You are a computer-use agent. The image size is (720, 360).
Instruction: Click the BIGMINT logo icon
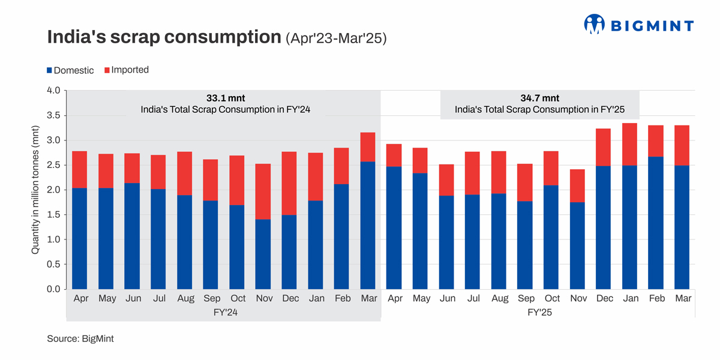[594, 24]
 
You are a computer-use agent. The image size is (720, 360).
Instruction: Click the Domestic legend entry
[70, 70]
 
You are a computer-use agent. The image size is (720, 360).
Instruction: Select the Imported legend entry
[126, 70]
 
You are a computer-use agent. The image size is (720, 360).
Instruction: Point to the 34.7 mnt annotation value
[539, 98]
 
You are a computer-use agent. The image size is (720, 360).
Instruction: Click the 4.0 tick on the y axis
[53, 91]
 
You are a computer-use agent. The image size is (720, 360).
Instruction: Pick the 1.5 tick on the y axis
[53, 215]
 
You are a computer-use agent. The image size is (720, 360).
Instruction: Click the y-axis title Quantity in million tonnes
[35, 190]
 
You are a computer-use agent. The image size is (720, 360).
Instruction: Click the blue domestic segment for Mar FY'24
[368, 225]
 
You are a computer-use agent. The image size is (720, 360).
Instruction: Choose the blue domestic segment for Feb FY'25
[656, 223]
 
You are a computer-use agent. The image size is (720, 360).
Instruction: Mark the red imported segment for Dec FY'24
[289, 183]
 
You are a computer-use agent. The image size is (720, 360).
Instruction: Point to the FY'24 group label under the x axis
[223, 312]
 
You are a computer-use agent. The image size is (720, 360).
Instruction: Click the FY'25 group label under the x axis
[539, 312]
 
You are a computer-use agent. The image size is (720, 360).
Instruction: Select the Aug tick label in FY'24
[185, 298]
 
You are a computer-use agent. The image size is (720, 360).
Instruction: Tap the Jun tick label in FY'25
[447, 298]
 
